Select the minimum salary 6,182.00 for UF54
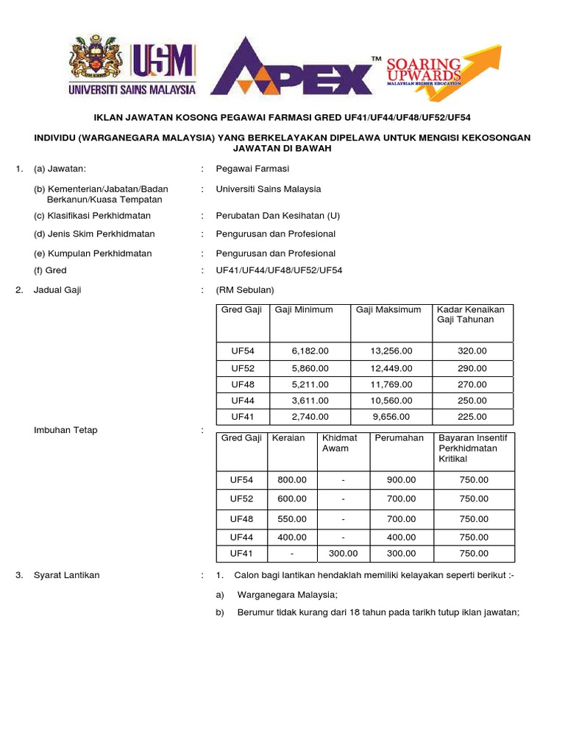[310, 351]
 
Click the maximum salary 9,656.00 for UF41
[391, 416]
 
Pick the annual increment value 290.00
[472, 368]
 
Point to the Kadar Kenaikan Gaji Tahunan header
[471, 314]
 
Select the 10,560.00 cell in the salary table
[391, 401]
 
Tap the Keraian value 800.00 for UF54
[292, 479]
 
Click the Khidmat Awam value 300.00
[343, 554]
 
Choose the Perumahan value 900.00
[401, 479]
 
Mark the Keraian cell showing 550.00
[292, 519]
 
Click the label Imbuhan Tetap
[65, 430]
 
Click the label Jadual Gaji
[57, 290]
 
